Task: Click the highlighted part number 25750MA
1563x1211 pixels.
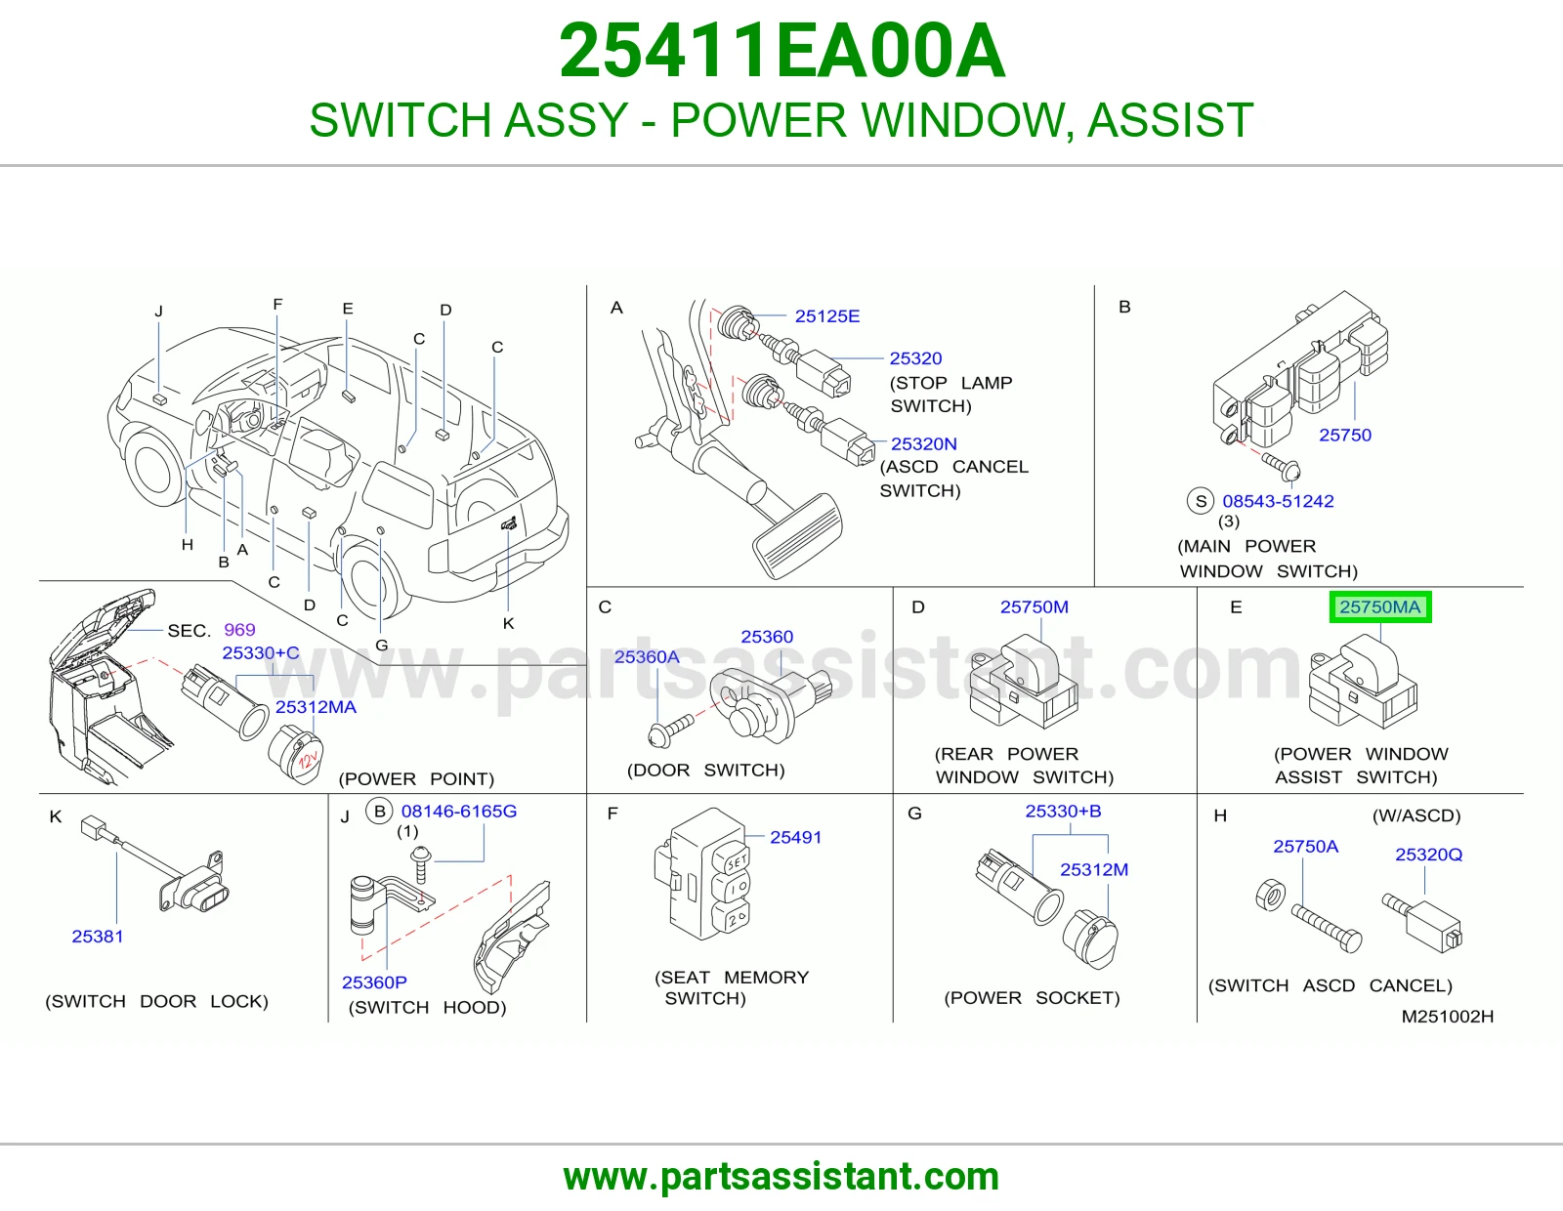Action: point(1379,606)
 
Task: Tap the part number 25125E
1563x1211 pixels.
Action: point(827,316)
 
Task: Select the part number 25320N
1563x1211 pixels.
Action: point(923,443)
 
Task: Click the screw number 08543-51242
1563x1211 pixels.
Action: point(1278,501)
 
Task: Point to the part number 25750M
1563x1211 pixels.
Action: point(1035,606)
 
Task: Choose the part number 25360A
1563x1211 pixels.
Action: point(647,656)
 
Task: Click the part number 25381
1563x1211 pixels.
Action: point(98,937)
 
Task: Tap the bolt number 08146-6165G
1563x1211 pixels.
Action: point(459,812)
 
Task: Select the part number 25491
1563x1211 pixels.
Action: point(795,837)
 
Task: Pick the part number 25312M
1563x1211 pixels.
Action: point(1094,869)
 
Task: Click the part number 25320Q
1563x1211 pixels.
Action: point(1428,855)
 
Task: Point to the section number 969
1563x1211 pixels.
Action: point(239,630)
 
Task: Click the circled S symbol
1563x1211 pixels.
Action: point(1201,501)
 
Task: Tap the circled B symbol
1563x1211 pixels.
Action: point(380,812)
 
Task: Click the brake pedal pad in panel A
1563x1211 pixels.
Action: point(797,536)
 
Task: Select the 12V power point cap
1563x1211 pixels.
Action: point(296,754)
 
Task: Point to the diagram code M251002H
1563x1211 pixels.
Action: point(1447,1016)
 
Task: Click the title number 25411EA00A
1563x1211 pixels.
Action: point(781,51)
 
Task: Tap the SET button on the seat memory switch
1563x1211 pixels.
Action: point(736,860)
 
